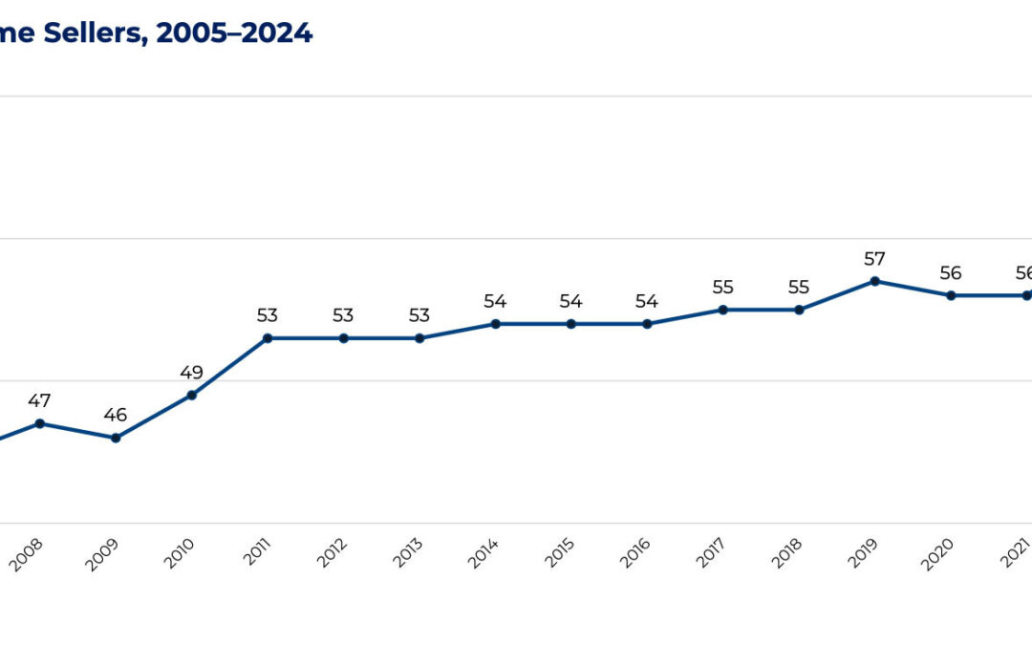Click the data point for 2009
click(x=116, y=438)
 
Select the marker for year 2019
click(x=874, y=281)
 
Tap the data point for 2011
click(x=268, y=338)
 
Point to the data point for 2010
click(x=191, y=395)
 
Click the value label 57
click(x=874, y=258)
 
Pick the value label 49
click(x=191, y=372)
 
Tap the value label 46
click(x=116, y=415)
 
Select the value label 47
click(x=39, y=400)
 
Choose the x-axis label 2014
click(x=484, y=554)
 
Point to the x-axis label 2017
click(x=712, y=554)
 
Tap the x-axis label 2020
click(x=939, y=554)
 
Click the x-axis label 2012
click(x=332, y=554)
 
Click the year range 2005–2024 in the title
click(x=234, y=32)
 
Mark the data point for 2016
click(x=647, y=324)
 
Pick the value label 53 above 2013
click(x=419, y=315)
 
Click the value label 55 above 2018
click(x=799, y=287)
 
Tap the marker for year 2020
click(x=951, y=295)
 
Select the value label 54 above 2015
click(x=570, y=301)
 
